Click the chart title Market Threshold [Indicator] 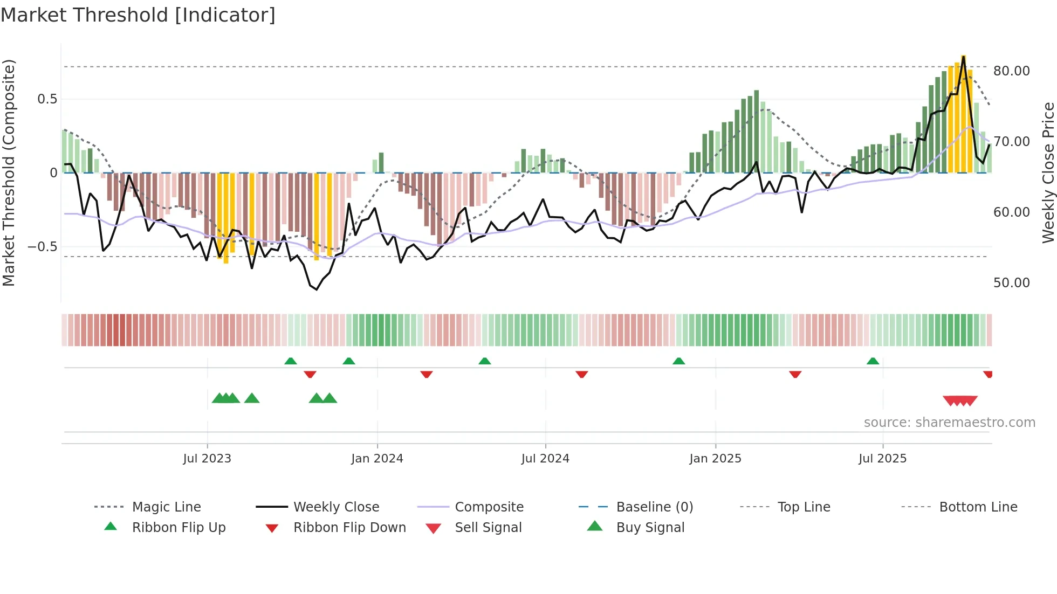click(138, 15)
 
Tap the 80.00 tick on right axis click(1011, 71)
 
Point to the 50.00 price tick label click(1011, 283)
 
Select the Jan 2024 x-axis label click(377, 459)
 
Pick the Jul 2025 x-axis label click(882, 459)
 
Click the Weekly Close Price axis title click(1047, 172)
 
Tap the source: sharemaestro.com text click(949, 423)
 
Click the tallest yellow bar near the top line click(963, 113)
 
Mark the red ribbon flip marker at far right click(987, 374)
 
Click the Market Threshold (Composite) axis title click(9, 172)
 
